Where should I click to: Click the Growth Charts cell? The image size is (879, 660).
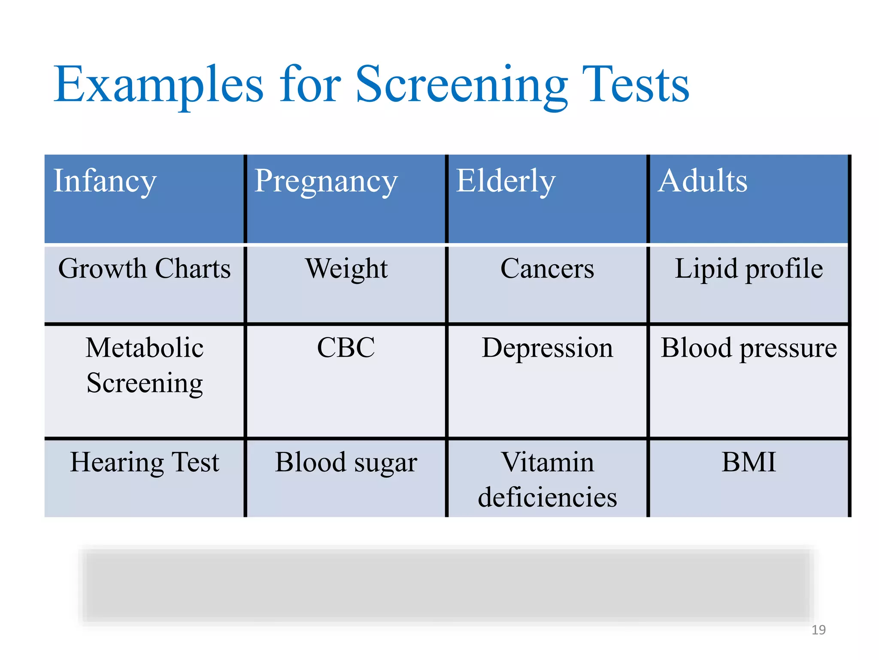point(145,269)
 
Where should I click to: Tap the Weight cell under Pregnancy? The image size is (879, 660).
point(346,269)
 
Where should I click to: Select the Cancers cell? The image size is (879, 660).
point(547,269)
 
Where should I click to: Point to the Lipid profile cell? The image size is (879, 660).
point(749,269)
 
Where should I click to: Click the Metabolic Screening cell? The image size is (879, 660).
point(145,365)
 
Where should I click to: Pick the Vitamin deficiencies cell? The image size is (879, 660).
point(547,480)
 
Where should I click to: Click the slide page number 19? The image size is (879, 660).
point(818,630)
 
